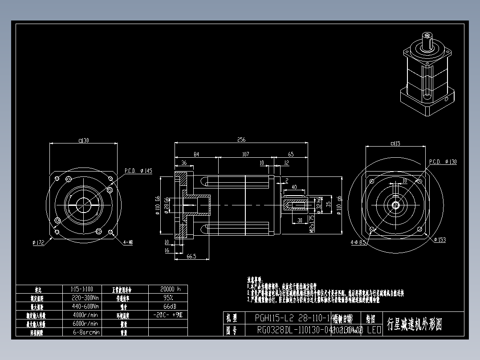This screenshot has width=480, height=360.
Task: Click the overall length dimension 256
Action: (241, 140)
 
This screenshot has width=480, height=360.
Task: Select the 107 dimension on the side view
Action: (245, 154)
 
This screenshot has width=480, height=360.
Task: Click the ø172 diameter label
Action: (39, 243)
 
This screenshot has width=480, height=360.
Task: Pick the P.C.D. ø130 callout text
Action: (442, 162)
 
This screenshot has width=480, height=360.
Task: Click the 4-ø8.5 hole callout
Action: (358, 243)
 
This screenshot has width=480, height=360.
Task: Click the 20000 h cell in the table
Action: (167, 289)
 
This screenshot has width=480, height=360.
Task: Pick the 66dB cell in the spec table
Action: (167, 307)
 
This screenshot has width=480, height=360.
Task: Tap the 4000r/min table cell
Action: (85, 315)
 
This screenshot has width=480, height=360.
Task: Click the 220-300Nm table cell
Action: (85, 298)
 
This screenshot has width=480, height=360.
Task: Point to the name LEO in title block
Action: (374, 330)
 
